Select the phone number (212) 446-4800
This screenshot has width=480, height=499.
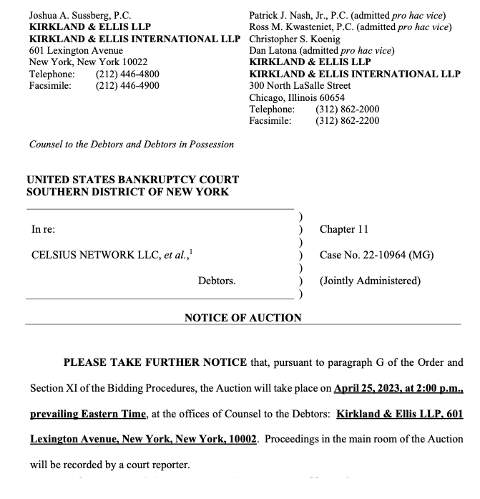coord(127,74)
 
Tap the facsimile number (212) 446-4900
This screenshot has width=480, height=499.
coord(127,86)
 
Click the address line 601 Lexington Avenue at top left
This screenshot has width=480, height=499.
coord(76,51)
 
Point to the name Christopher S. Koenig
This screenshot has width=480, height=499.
coord(295,39)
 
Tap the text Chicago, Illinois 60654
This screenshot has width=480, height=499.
coord(296,97)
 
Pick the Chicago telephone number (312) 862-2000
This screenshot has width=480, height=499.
coord(347,109)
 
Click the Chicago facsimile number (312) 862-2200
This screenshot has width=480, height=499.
coord(347,120)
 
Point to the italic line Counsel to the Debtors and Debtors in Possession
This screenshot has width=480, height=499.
coord(131,144)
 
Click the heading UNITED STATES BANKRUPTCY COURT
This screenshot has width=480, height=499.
coord(132,180)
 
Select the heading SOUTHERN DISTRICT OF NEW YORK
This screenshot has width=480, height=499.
coord(128,191)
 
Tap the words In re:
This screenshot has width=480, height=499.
coord(44,229)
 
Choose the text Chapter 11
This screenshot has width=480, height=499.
coord(343,229)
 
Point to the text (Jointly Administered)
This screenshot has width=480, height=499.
coord(370,281)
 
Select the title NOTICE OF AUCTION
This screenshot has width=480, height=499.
coord(243,317)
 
